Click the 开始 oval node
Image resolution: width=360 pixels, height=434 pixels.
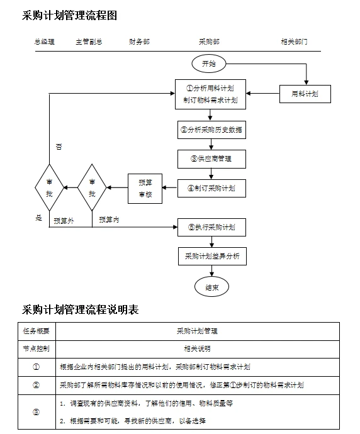tap(208, 64)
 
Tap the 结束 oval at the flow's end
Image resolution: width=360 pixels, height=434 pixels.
tap(211, 287)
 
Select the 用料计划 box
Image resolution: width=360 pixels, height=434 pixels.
tap(305, 94)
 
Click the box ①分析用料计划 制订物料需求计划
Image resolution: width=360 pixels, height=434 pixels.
tap(210, 94)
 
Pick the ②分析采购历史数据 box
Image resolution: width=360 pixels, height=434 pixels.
tap(211, 130)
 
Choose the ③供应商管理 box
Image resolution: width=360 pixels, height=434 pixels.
tap(211, 159)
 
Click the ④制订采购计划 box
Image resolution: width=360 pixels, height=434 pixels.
tap(211, 187)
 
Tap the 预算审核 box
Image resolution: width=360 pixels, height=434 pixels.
tap(145, 188)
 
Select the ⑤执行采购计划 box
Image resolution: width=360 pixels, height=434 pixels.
tap(211, 226)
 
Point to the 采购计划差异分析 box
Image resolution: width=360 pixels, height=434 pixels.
tap(211, 257)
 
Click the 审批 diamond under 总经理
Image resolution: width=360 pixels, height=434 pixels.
tap(50, 187)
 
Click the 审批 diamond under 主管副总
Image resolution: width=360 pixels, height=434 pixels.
tap(93, 187)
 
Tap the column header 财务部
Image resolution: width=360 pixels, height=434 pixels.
tap(139, 42)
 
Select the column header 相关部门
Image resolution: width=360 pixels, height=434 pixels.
tap(294, 42)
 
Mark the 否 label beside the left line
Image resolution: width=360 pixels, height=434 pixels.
tap(59, 147)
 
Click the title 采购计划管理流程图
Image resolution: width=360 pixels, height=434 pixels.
tap(70, 16)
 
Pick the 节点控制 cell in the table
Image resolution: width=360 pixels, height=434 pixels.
tap(37, 348)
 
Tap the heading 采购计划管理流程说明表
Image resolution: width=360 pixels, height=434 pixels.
tap(81, 309)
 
